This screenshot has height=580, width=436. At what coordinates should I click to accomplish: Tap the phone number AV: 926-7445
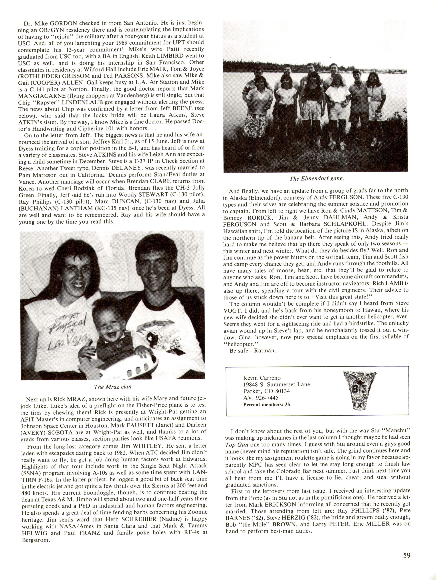coord(261,398)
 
